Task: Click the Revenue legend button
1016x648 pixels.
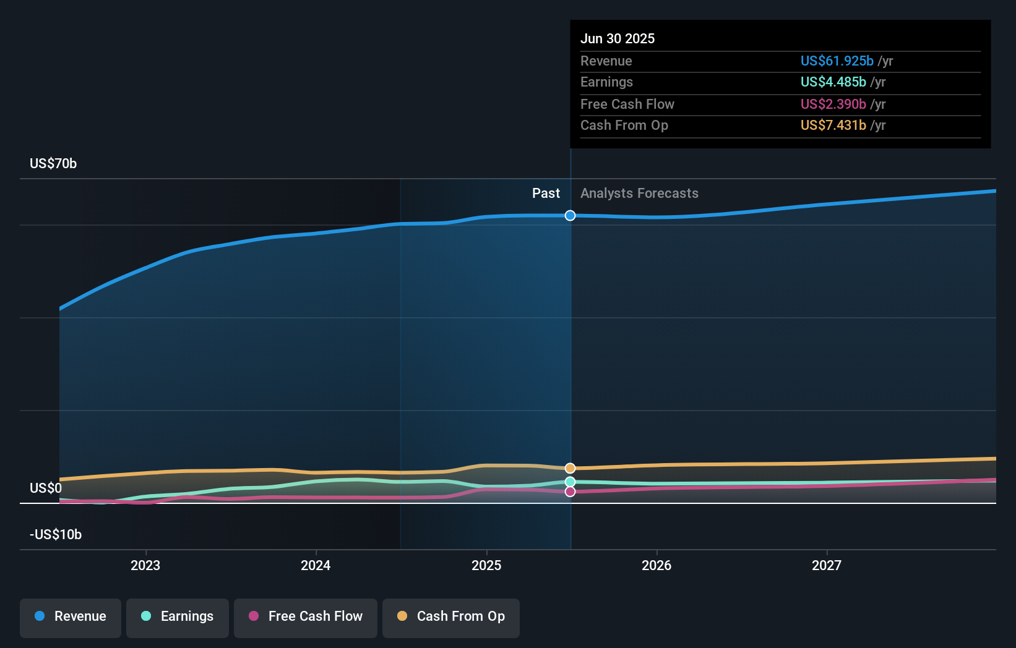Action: point(71,616)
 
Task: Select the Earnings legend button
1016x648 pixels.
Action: point(178,616)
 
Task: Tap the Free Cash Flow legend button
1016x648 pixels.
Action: point(306,616)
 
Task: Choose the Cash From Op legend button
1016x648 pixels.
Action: point(451,616)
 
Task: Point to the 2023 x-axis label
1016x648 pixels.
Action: point(145,565)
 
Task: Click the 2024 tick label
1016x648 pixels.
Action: point(316,565)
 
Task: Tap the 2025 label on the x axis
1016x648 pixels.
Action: point(486,565)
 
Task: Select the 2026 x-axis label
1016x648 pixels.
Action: point(657,565)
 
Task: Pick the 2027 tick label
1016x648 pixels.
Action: point(827,565)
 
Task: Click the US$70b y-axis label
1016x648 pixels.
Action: point(53,163)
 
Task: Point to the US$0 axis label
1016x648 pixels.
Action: point(46,488)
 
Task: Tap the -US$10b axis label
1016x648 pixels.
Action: point(56,534)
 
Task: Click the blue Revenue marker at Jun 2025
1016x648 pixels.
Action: point(570,215)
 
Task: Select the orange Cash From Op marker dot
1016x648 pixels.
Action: point(570,468)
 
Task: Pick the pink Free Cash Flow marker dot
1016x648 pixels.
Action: point(570,492)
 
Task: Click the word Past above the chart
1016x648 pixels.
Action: point(546,193)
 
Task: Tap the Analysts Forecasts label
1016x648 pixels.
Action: point(639,193)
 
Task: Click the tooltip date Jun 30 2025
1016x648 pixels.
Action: point(618,38)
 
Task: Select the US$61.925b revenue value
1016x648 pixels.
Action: point(837,61)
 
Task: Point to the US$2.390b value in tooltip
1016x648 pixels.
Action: point(833,104)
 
